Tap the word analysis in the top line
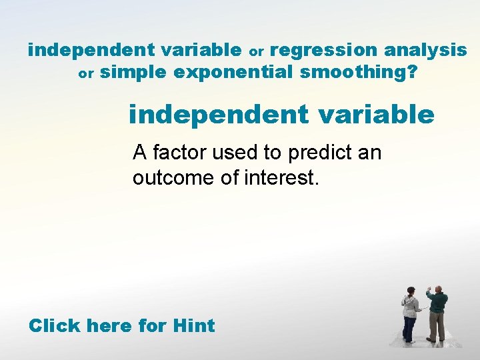click(425, 50)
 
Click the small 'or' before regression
click(257, 51)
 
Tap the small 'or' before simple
click(87, 74)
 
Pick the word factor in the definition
click(175, 153)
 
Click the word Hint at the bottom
click(193, 326)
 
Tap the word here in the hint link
click(110, 326)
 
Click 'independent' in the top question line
click(80, 50)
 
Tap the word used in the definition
click(236, 153)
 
